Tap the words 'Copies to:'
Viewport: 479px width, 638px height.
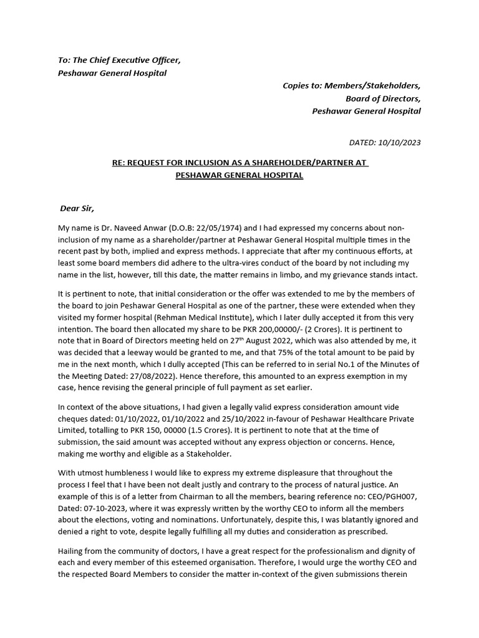pyautogui.click(x=302, y=85)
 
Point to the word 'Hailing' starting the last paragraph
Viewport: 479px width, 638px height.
pyautogui.click(x=72, y=551)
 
